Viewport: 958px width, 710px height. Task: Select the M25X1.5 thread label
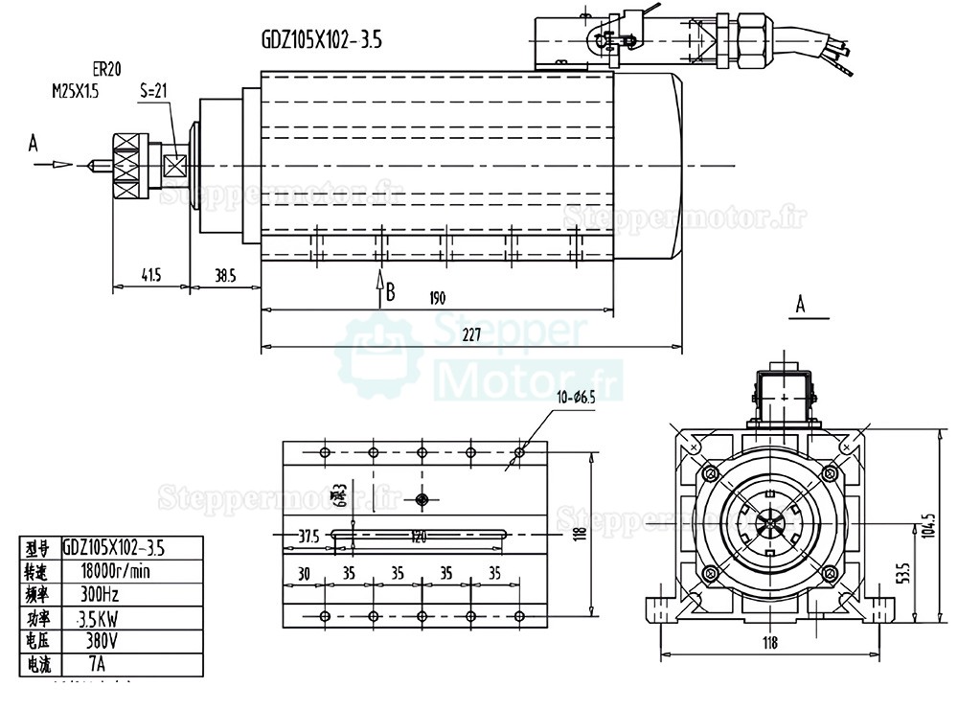pyautogui.click(x=75, y=92)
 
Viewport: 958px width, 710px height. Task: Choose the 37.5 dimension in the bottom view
pyautogui.click(x=308, y=536)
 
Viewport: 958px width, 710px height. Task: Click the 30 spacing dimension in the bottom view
pyautogui.click(x=304, y=574)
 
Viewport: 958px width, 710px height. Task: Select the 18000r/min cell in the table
pyautogui.click(x=117, y=571)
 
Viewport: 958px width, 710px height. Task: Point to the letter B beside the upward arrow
pyautogui.click(x=390, y=291)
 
